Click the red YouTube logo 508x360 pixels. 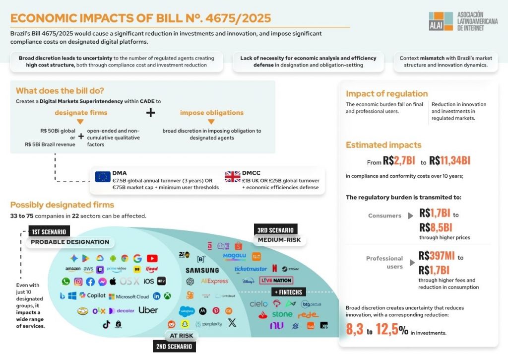pyautogui.click(x=152, y=258)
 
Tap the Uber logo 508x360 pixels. pyautogui.click(x=148, y=310)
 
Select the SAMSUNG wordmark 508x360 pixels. pyautogui.click(x=202, y=271)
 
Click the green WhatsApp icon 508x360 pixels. pyautogui.click(x=66, y=282)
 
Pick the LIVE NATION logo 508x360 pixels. pyautogui.click(x=276, y=281)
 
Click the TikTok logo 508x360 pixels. pyautogui.click(x=106, y=325)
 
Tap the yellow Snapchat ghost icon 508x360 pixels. pyautogui.click(x=185, y=324)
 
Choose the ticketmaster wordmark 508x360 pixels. pyautogui.click(x=251, y=269)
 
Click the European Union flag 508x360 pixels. pyautogui.click(x=103, y=177)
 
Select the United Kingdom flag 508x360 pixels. pyautogui.click(x=232, y=177)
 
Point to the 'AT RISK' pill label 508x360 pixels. pyautogui.click(x=181, y=336)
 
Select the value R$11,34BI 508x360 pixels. pyautogui.click(x=449, y=161)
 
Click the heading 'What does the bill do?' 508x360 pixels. pyautogui.click(x=60, y=91)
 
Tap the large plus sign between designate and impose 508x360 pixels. pyautogui.click(x=150, y=113)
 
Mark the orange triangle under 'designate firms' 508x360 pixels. pyautogui.click(x=80, y=122)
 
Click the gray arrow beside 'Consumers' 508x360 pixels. pyautogui.click(x=410, y=216)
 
